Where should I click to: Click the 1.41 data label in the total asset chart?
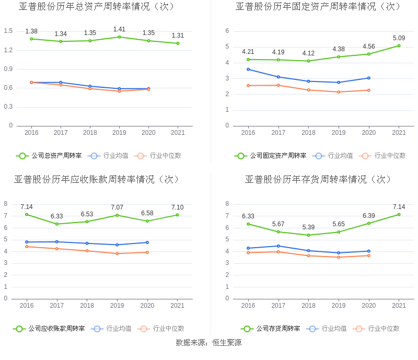119,29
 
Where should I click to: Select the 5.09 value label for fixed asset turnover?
399,38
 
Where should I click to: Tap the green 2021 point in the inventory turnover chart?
399,214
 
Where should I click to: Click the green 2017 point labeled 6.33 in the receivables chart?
56,224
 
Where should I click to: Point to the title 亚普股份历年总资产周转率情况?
97,7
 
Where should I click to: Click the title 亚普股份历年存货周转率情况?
318,179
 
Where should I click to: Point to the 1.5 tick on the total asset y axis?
8,31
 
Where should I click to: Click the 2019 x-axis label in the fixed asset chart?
339,133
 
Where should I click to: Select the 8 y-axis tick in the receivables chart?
6,204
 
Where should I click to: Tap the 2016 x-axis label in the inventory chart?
248,306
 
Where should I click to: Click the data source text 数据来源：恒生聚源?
208,343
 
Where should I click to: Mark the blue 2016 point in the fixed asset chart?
248,69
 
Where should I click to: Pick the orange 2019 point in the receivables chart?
117,253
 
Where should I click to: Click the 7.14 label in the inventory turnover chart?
399,207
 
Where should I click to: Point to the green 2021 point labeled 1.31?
178,43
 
